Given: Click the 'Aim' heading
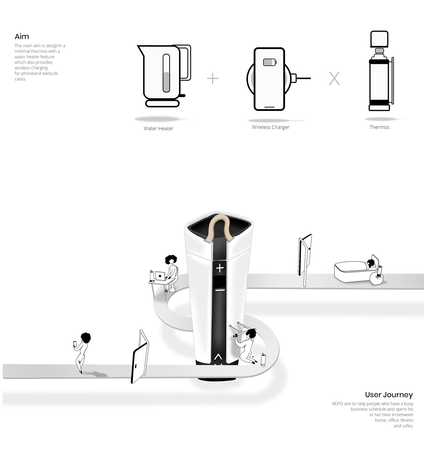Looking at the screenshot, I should tap(22, 37).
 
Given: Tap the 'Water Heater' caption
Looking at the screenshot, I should tap(158, 128).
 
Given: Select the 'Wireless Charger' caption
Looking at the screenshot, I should tap(270, 127).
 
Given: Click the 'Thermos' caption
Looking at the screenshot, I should tap(379, 127).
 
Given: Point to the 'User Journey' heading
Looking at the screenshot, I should tap(389, 395).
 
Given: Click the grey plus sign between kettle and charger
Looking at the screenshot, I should tap(213, 79).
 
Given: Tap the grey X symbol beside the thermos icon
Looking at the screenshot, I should tap(334, 79).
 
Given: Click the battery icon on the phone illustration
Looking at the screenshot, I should tap(270, 62).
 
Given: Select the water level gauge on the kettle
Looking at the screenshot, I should tap(166, 73).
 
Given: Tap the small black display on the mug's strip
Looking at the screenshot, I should tap(220, 282).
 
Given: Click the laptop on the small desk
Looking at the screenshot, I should tap(160, 276).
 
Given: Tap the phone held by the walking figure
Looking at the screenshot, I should tap(75, 344).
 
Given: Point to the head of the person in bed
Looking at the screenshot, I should tap(371, 262).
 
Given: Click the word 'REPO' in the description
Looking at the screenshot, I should tap(337, 404).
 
